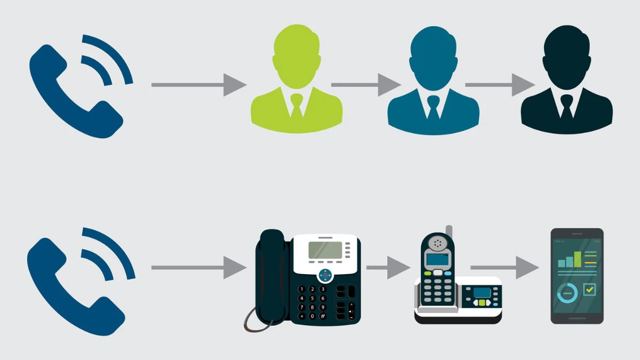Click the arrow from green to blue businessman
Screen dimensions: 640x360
[x=366, y=85]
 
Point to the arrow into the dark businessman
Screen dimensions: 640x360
[x=500, y=85]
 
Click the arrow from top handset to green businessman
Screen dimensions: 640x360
[x=199, y=85]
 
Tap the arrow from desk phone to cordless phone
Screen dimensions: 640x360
[x=388, y=268]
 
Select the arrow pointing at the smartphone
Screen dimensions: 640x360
[x=505, y=268]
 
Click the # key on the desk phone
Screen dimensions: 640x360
[x=323, y=316]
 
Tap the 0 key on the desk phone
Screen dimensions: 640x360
[x=313, y=316]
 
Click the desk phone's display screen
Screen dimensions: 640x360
[x=325, y=250]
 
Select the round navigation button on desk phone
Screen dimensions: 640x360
[x=325, y=275]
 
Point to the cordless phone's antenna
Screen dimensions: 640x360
[x=449, y=232]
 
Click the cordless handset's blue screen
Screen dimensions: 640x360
[x=437, y=259]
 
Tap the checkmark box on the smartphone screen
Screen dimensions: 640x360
[x=589, y=290]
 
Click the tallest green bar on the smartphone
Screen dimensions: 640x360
[x=578, y=259]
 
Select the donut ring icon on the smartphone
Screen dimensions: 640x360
[x=567, y=293]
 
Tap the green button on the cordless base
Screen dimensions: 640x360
[x=482, y=302]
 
